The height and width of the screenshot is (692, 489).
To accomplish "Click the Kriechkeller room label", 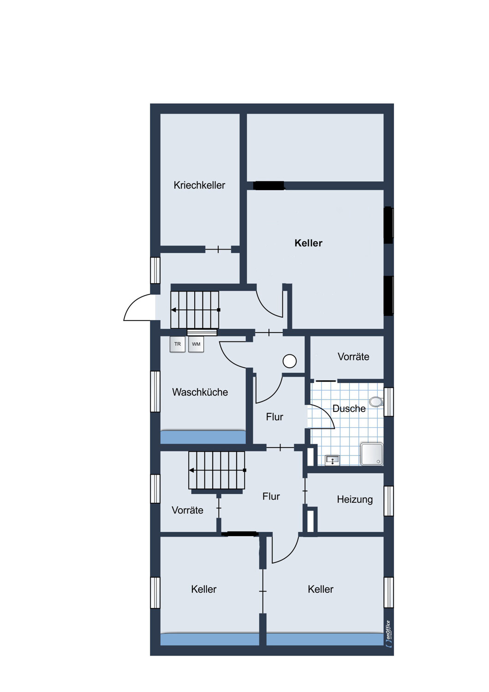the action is [x=199, y=185].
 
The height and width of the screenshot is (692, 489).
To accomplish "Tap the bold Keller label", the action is [x=308, y=243].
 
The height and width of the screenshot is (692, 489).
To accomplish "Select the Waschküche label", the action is [x=200, y=392].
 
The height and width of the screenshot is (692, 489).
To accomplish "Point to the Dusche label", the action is [x=349, y=408].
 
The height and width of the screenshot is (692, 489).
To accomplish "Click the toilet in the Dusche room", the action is [x=376, y=402].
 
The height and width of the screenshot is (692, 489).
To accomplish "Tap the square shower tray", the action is [x=372, y=454].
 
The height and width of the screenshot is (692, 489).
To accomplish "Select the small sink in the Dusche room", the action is [x=333, y=460].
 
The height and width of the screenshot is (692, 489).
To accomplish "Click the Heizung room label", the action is [x=355, y=500].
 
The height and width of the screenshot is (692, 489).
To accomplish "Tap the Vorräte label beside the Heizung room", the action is [x=187, y=510].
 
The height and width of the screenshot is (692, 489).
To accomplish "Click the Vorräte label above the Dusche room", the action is [x=353, y=357].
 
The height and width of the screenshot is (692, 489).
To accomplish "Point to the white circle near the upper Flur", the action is [x=289, y=361].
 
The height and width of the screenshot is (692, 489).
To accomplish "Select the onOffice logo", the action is [x=388, y=634].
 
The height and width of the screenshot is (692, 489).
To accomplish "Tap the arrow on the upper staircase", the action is [x=195, y=310].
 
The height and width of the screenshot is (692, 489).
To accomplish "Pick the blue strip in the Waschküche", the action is [x=203, y=437].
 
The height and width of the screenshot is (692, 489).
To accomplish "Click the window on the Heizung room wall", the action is [x=388, y=501].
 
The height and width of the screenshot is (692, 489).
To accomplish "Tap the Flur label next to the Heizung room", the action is [x=271, y=496].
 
